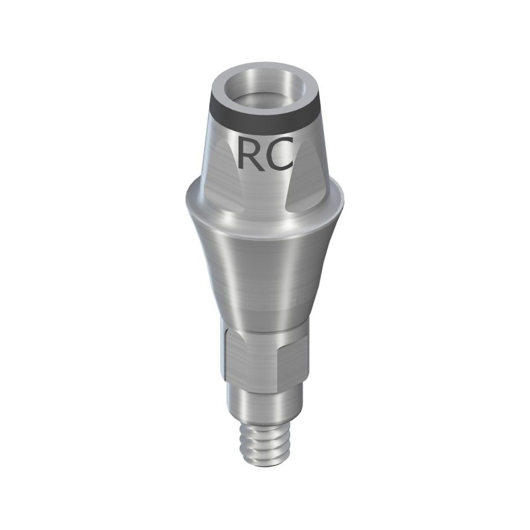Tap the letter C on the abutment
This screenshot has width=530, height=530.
click(x=280, y=153)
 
